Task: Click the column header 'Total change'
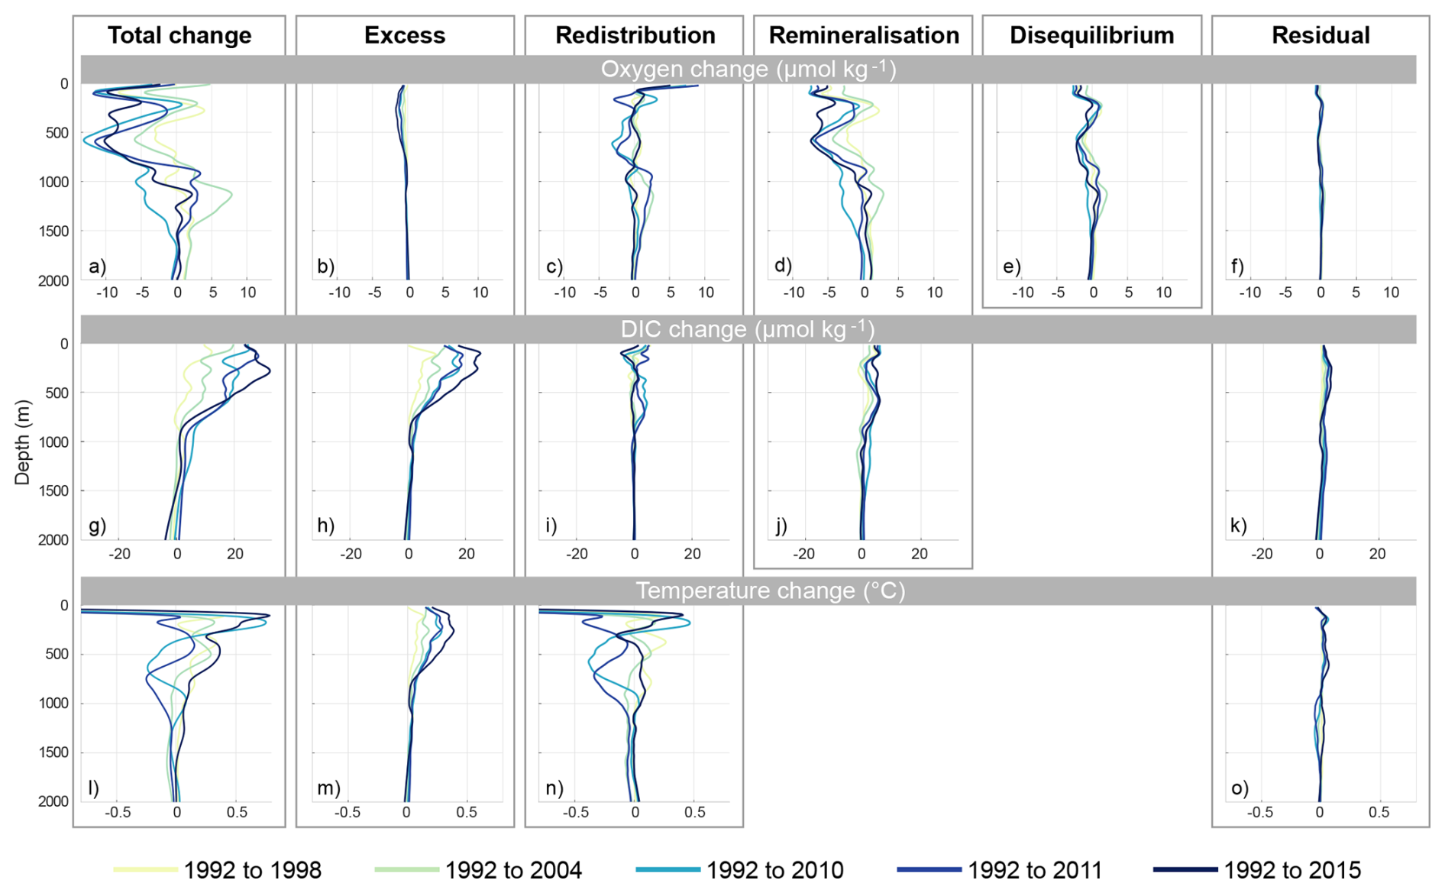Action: click(179, 35)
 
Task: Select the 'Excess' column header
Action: click(404, 35)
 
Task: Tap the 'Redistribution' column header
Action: click(635, 35)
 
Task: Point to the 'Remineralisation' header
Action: click(863, 35)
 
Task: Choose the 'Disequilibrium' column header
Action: click(1091, 35)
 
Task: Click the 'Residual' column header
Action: click(1320, 35)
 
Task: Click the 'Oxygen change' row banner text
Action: click(748, 70)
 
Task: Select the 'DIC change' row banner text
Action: click(748, 329)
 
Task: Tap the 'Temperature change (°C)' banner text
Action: click(770, 590)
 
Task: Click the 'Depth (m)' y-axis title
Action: click(22, 442)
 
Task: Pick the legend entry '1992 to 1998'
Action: click(252, 869)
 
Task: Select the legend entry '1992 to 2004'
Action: click(513, 869)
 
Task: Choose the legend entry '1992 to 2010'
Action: click(774, 869)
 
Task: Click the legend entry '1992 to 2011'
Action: click(1035, 869)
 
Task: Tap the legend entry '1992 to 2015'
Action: click(1292, 869)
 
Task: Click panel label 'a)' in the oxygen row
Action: click(97, 267)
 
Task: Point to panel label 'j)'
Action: click(781, 526)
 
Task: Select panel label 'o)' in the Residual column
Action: click(1239, 788)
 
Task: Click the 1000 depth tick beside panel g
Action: click(53, 442)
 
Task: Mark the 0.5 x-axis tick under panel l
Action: click(237, 813)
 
